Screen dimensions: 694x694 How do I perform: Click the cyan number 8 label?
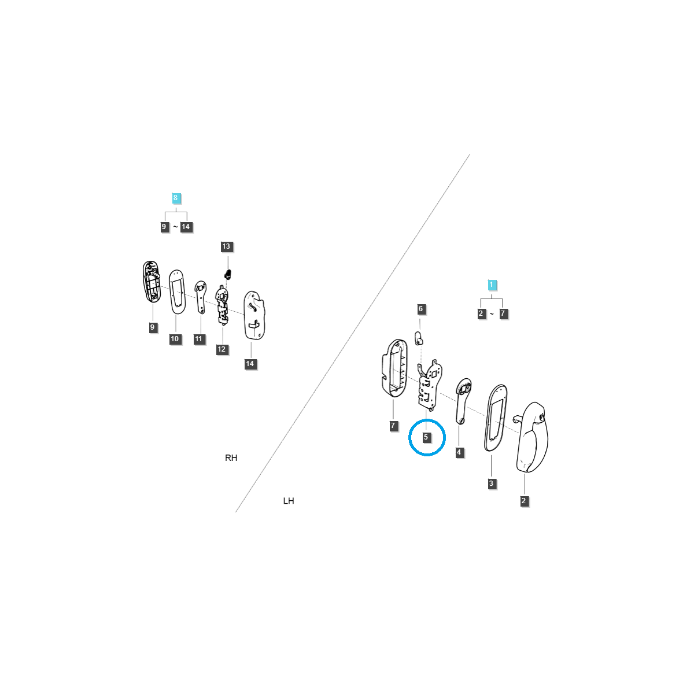176,198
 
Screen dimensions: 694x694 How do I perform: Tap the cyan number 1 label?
492,285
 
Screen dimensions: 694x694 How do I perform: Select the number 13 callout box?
226,246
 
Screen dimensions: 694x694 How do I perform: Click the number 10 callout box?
175,339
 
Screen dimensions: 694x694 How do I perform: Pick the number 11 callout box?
199,339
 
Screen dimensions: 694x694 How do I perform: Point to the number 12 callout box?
222,349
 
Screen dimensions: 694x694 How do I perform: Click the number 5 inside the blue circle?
426,437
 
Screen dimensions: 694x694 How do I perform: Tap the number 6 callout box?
421,309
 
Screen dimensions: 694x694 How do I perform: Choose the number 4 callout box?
459,452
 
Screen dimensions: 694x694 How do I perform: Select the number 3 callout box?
492,483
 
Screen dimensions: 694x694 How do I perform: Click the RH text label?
231,458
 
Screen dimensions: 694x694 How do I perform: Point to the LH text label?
289,501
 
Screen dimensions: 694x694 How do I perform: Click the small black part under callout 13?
228,274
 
